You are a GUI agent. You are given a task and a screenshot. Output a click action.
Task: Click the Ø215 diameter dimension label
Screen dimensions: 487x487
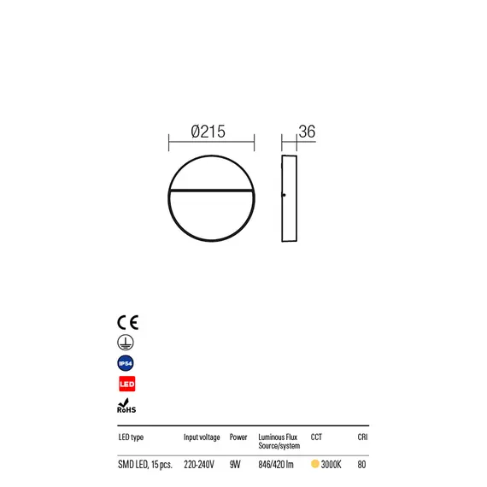(x=208, y=132)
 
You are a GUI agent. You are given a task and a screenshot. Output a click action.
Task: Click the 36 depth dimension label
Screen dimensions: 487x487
(x=307, y=132)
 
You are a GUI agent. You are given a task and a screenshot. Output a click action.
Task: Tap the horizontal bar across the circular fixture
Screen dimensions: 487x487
(x=211, y=190)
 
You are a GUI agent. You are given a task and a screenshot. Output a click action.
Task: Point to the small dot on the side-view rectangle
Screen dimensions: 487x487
(x=284, y=195)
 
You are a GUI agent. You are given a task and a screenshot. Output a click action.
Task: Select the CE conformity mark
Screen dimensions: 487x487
(x=127, y=322)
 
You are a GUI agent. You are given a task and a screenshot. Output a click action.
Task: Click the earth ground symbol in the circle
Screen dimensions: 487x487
(x=126, y=343)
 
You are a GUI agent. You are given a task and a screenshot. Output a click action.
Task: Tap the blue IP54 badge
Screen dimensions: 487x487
(x=126, y=363)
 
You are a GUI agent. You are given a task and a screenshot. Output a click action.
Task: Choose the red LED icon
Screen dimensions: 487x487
(x=127, y=384)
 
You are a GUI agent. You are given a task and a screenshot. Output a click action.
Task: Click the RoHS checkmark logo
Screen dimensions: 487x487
(x=126, y=406)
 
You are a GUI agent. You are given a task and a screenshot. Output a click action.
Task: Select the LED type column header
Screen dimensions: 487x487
(x=131, y=437)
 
